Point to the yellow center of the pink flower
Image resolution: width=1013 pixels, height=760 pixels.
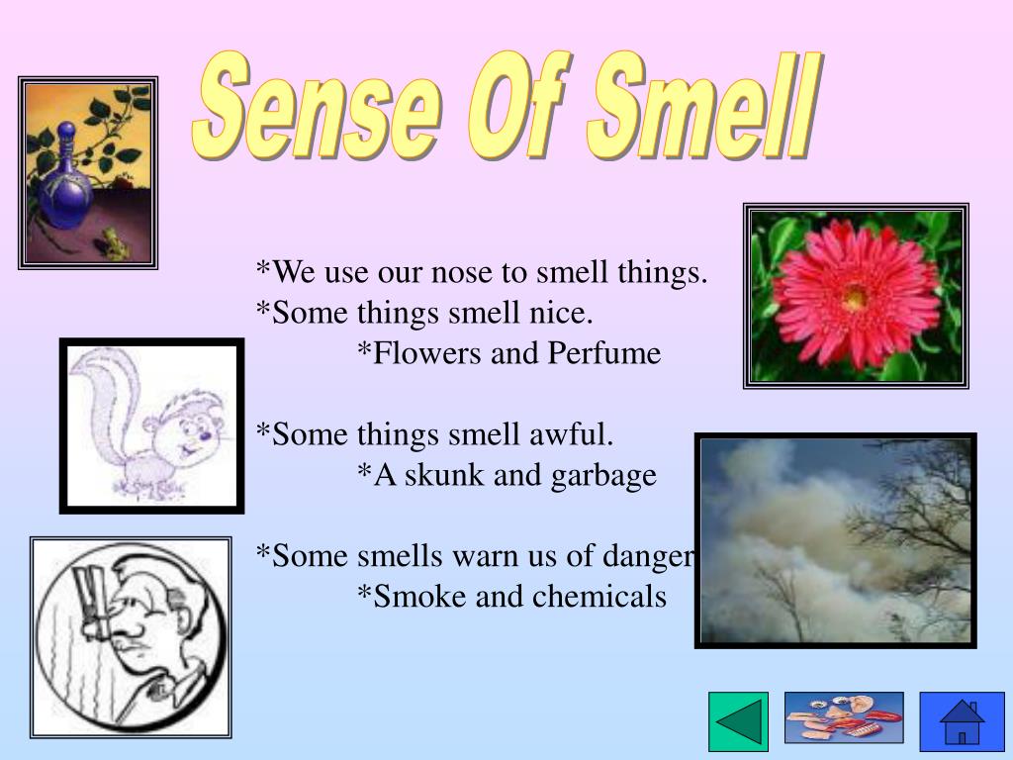[x=856, y=294]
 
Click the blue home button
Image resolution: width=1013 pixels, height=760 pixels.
[x=948, y=721]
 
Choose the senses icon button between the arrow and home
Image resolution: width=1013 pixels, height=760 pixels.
[x=844, y=717]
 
